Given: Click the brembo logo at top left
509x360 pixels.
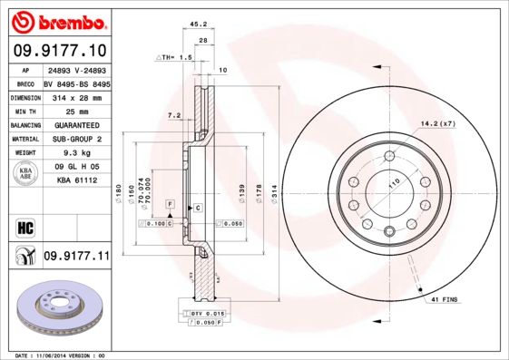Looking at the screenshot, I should pos(57,20).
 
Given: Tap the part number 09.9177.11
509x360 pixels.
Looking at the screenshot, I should pos(75,257).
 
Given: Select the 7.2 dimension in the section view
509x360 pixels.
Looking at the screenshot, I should pos(175,115).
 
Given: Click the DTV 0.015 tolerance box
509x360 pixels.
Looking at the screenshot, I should pos(207,312).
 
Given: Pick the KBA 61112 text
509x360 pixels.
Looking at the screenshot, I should pos(76,180).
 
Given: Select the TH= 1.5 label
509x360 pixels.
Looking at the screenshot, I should pos(181,56).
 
